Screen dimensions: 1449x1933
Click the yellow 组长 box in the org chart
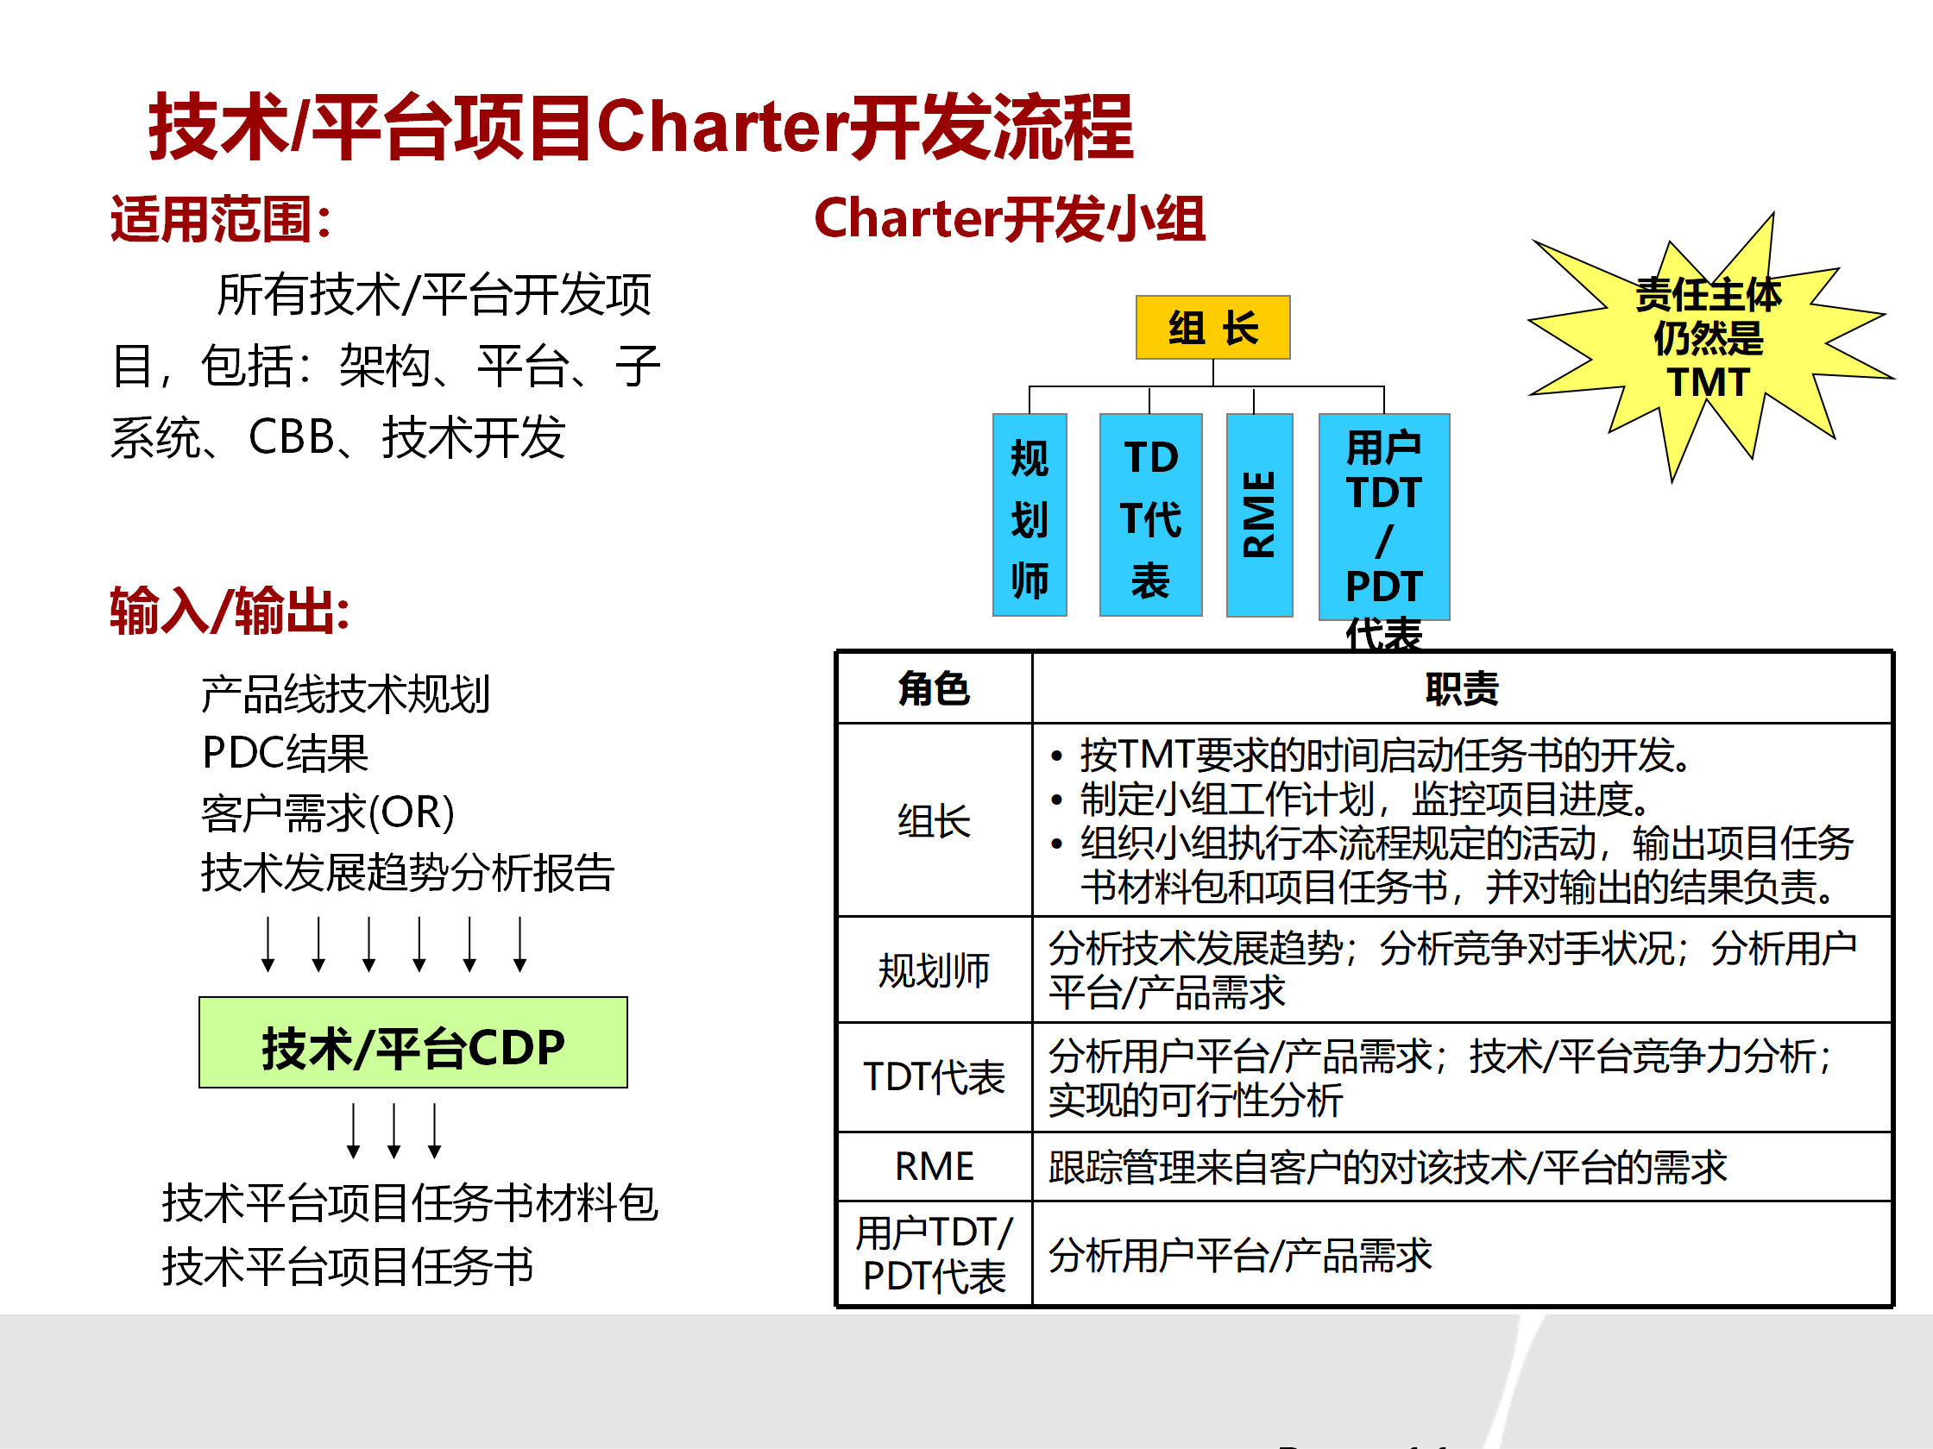(1212, 328)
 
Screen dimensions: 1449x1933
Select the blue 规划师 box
(1029, 515)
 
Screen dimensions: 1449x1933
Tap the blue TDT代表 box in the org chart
(1150, 515)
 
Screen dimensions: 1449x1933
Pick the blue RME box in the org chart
(1259, 515)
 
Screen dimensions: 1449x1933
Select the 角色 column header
(935, 688)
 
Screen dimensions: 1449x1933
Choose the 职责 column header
(1462, 688)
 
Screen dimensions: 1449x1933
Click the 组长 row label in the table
(935, 821)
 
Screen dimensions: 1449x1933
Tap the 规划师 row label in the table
(935, 970)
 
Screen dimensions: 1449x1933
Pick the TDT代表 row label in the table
(935, 1078)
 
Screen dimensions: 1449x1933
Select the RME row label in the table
(935, 1167)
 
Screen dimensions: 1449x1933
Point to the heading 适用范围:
(220, 219)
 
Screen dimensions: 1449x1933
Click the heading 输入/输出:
(230, 611)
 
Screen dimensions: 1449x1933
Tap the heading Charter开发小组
(1010, 218)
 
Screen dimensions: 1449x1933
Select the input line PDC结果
(285, 753)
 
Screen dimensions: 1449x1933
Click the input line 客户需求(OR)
(328, 812)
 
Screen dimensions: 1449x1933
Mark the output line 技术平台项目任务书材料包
(410, 1202)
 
